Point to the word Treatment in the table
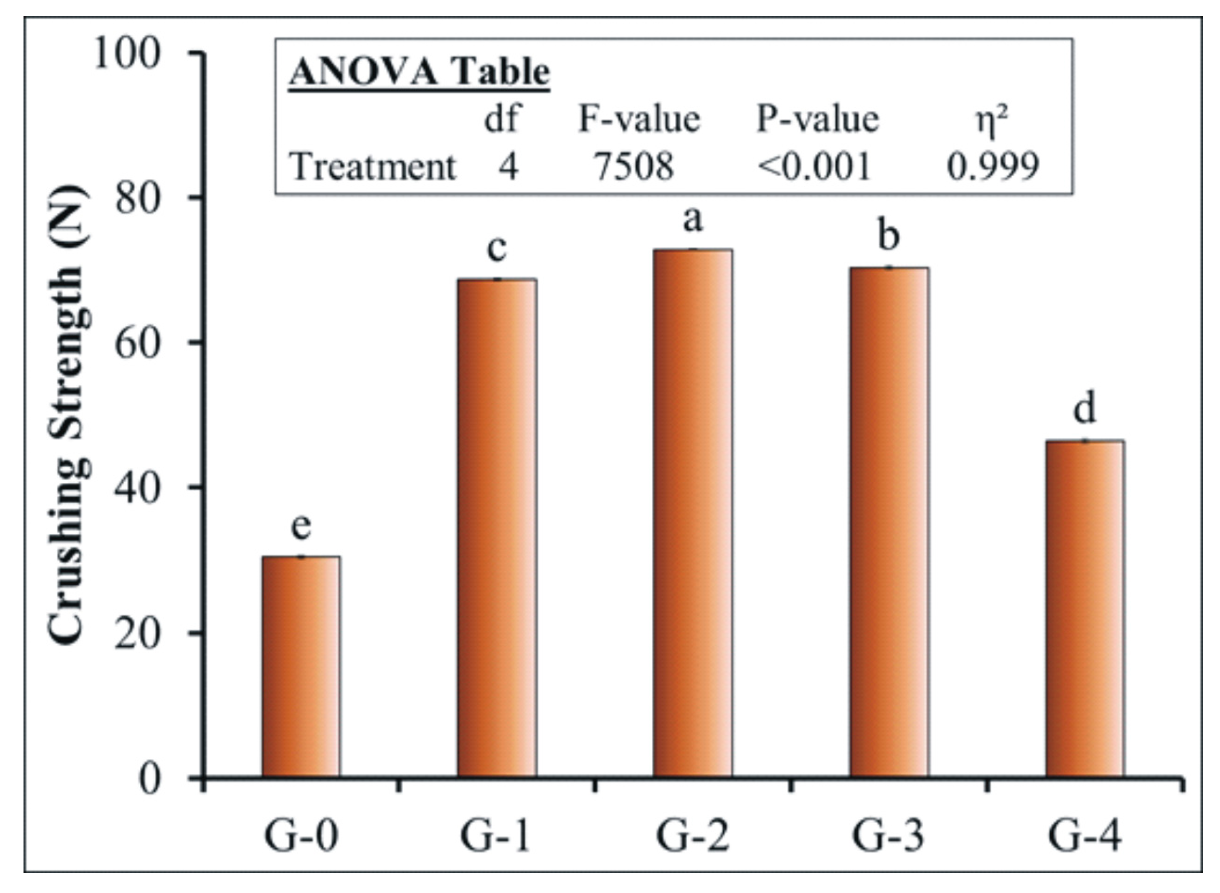pyautogui.click(x=372, y=167)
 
